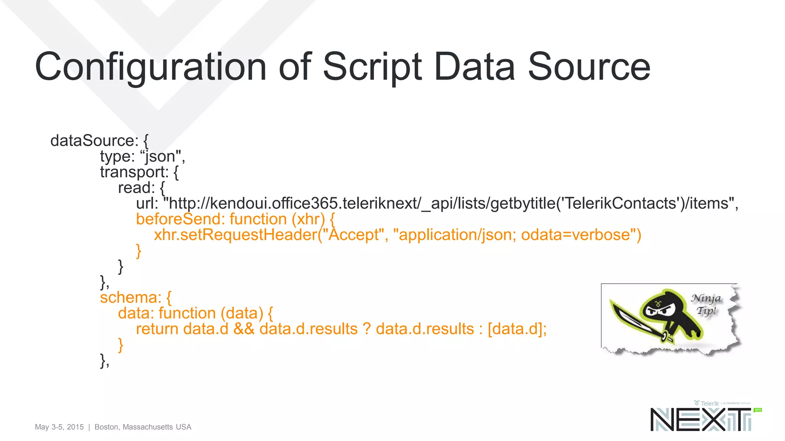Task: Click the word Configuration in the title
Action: coord(150,67)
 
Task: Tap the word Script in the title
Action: coord(372,67)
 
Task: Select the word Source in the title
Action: coord(589,67)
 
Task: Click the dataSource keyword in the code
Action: coord(94,140)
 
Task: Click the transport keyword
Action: coord(134,172)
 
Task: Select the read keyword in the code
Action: coord(136,188)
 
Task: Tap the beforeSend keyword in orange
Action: coord(180,219)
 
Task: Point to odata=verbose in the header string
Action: coord(575,235)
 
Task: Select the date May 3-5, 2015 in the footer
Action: coord(59,427)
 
